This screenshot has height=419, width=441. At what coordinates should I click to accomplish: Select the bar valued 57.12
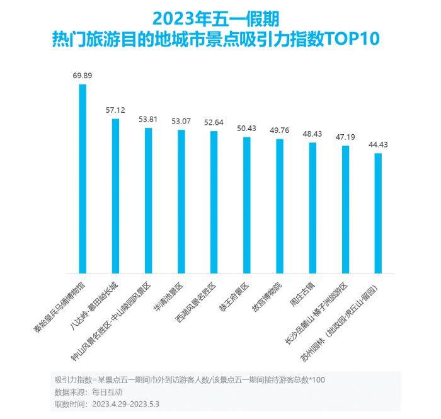click(115, 196)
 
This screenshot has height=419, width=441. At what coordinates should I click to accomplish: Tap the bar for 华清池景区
click(181, 202)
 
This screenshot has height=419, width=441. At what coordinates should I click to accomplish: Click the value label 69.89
click(83, 76)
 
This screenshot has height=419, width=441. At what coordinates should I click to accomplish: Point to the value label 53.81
click(148, 118)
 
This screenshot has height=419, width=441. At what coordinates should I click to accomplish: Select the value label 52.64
click(214, 122)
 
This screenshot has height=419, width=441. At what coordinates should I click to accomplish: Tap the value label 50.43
click(246, 128)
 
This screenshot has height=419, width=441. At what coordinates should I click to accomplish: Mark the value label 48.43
click(312, 134)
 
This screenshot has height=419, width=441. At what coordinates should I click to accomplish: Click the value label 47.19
click(345, 137)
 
